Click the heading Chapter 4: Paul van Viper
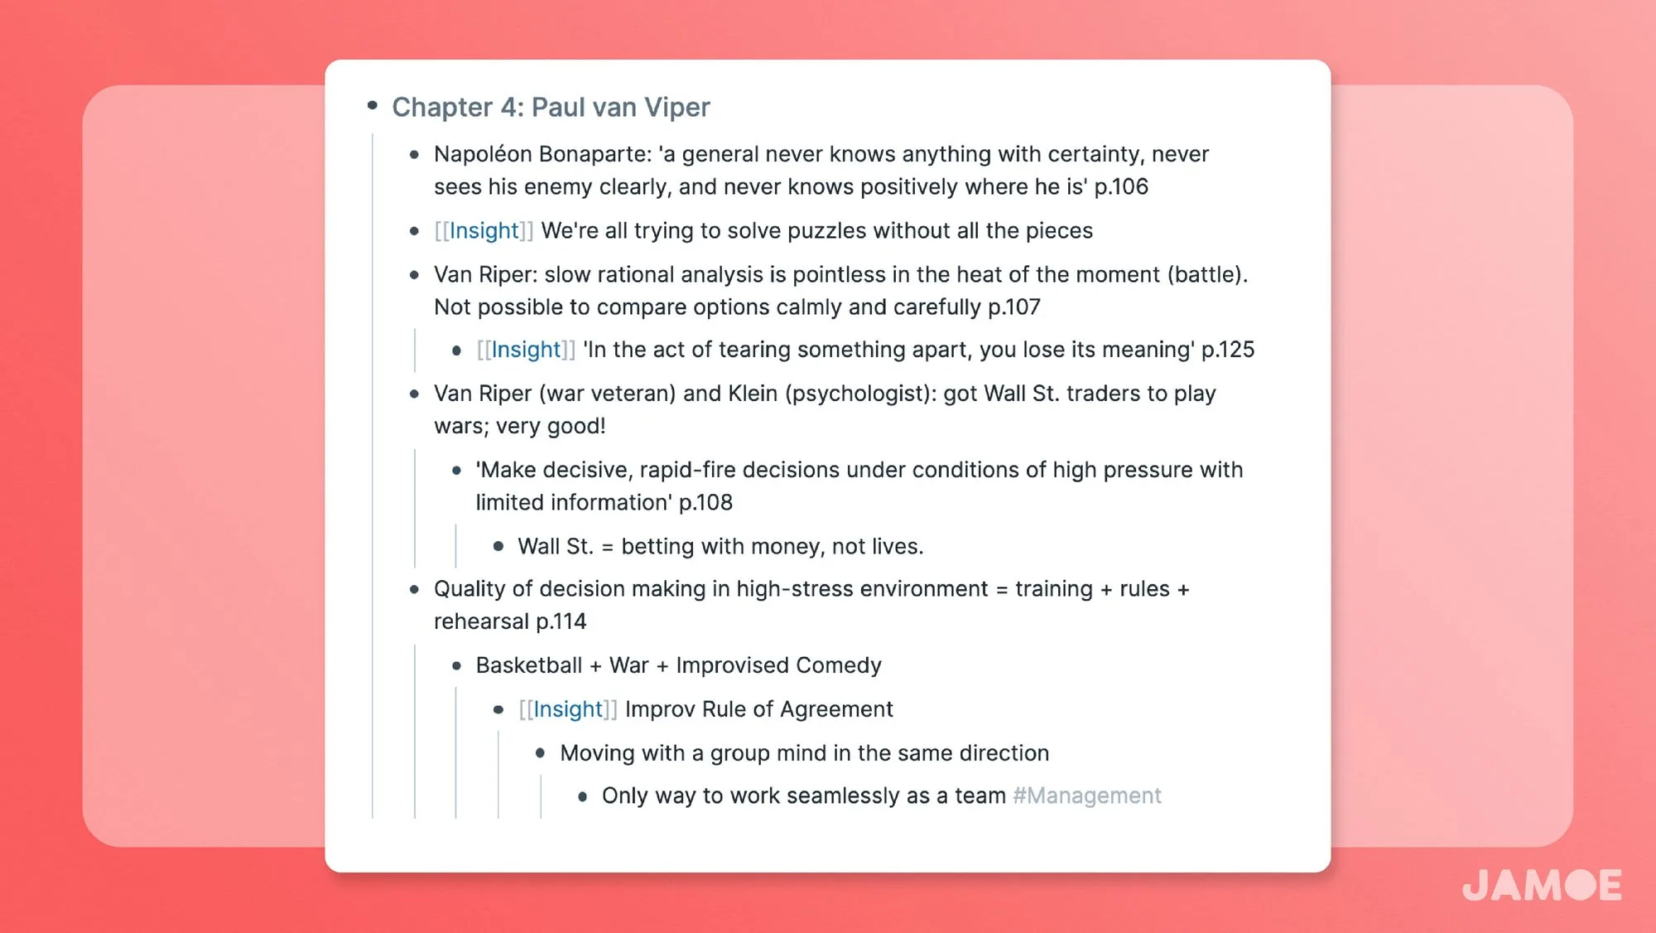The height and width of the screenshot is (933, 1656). tap(551, 107)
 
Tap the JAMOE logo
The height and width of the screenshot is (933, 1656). tap(1541, 885)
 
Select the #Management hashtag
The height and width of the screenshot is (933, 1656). tap(1086, 795)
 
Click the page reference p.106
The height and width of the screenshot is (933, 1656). tap(1121, 186)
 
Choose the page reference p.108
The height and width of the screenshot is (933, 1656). tap(705, 502)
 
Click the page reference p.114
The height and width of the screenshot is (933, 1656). tap(561, 621)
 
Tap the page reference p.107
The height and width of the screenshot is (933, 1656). tap(1013, 307)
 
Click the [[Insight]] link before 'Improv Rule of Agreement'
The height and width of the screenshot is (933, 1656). tap(568, 709)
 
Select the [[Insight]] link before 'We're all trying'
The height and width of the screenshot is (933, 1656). tap(484, 230)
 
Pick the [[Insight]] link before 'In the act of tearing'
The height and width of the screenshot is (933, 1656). tap(526, 350)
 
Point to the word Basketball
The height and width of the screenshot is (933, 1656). tap(529, 665)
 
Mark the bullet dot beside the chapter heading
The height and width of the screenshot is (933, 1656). tap(373, 105)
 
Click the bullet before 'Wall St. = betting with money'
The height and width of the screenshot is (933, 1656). tap(498, 546)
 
